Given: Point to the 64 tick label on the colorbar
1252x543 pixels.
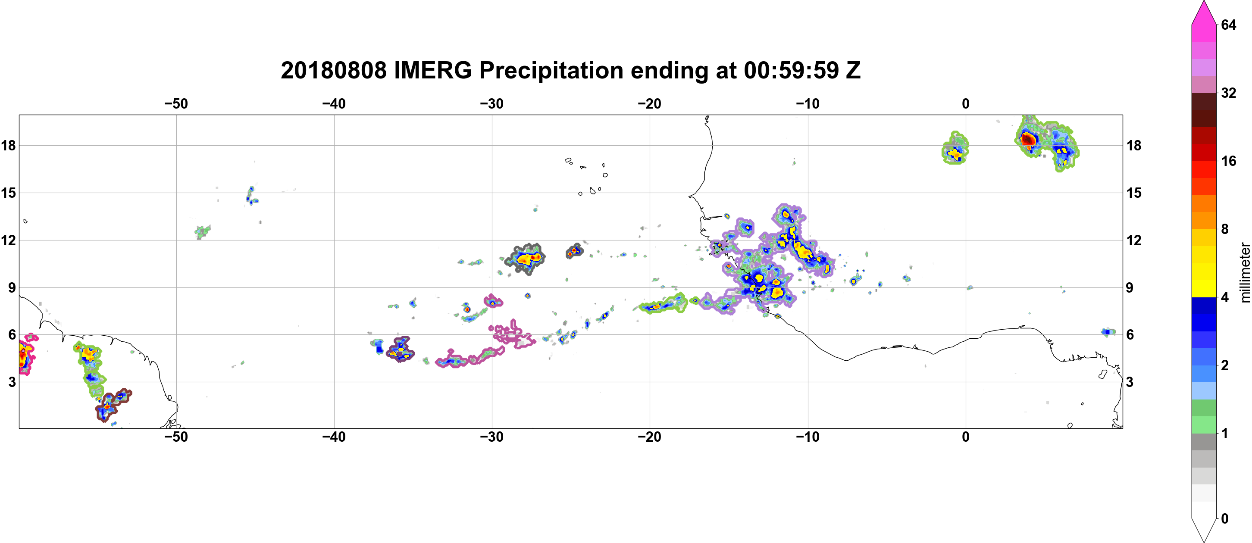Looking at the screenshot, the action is coord(1228,25).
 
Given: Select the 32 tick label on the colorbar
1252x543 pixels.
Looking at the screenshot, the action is coord(1228,93).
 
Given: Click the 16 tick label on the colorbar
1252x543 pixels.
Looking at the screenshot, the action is coord(1228,161).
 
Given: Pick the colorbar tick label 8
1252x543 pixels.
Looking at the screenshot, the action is coord(1225,229).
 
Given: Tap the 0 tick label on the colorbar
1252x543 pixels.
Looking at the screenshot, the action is coord(1225,519).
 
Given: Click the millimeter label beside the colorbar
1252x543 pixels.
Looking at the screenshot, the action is coord(1245,272).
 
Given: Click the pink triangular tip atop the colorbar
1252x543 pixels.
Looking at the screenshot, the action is coord(1204,12).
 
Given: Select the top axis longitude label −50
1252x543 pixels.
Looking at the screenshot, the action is coord(176,104).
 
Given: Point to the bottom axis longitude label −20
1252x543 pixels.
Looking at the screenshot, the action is coord(650,437).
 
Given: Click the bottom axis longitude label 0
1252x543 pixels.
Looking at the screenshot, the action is coord(966,437).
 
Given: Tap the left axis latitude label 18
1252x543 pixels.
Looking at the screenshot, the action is coord(8,145).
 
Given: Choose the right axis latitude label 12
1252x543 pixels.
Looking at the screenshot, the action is coord(1134,240).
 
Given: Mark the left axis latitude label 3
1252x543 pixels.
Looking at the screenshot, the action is coord(12,382).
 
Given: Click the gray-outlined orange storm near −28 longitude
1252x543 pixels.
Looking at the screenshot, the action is coord(526,259).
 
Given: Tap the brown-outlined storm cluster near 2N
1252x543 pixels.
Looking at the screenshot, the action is coord(112,405).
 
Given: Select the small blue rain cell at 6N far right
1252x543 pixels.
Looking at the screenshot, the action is coord(1108,332).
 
